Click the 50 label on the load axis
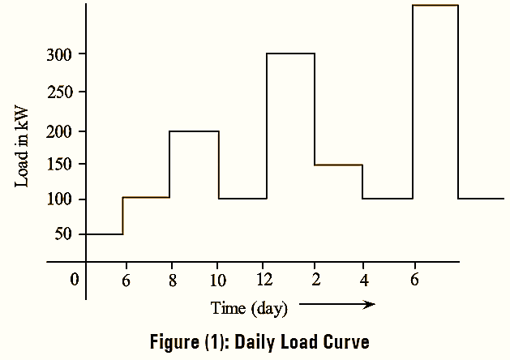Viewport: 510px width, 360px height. pyautogui.click(x=64, y=234)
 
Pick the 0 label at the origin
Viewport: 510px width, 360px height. pyautogui.click(x=74, y=280)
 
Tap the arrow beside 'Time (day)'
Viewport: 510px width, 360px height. pyautogui.click(x=336, y=305)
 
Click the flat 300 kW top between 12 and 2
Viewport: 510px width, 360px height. pyautogui.click(x=290, y=54)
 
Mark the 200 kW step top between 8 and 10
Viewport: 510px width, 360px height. pyautogui.click(x=194, y=131)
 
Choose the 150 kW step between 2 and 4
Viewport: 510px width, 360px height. pyautogui.click(x=338, y=165)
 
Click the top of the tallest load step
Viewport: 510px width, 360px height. pyautogui.click(x=435, y=6)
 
